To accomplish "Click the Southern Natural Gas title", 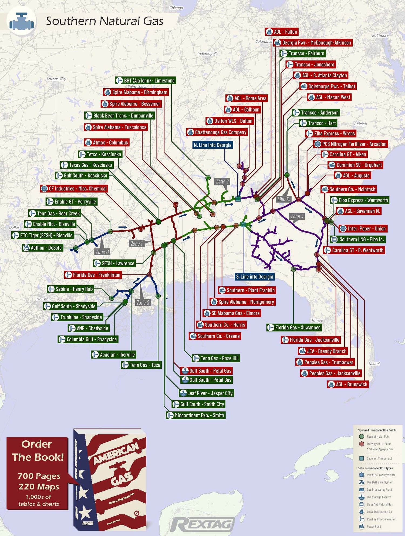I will tap(104, 21).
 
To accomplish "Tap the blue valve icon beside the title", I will tap(22, 21).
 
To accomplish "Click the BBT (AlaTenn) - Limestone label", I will tap(146, 81).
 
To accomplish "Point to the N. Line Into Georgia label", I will tap(212, 145).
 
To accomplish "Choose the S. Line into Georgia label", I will tap(255, 277).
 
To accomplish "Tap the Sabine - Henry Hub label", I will tap(70, 289).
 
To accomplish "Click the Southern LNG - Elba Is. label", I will tap(358, 239).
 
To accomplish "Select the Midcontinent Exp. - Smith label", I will tap(195, 415).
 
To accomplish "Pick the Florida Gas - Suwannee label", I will tap(294, 327).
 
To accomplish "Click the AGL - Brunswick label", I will tap(348, 384).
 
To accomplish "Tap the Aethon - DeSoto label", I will tap(42, 248).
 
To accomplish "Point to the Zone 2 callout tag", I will tap(222, 182).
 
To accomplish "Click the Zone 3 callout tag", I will tap(297, 216).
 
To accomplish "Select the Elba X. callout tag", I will tap(283, 199).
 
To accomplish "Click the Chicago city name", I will tap(176, 8).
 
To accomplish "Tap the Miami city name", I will tap(374, 364).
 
